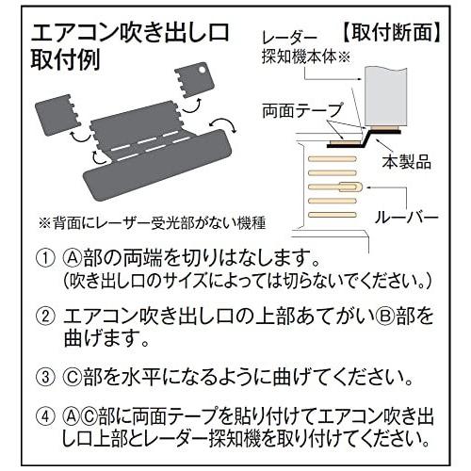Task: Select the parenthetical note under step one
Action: coord(239,280)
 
